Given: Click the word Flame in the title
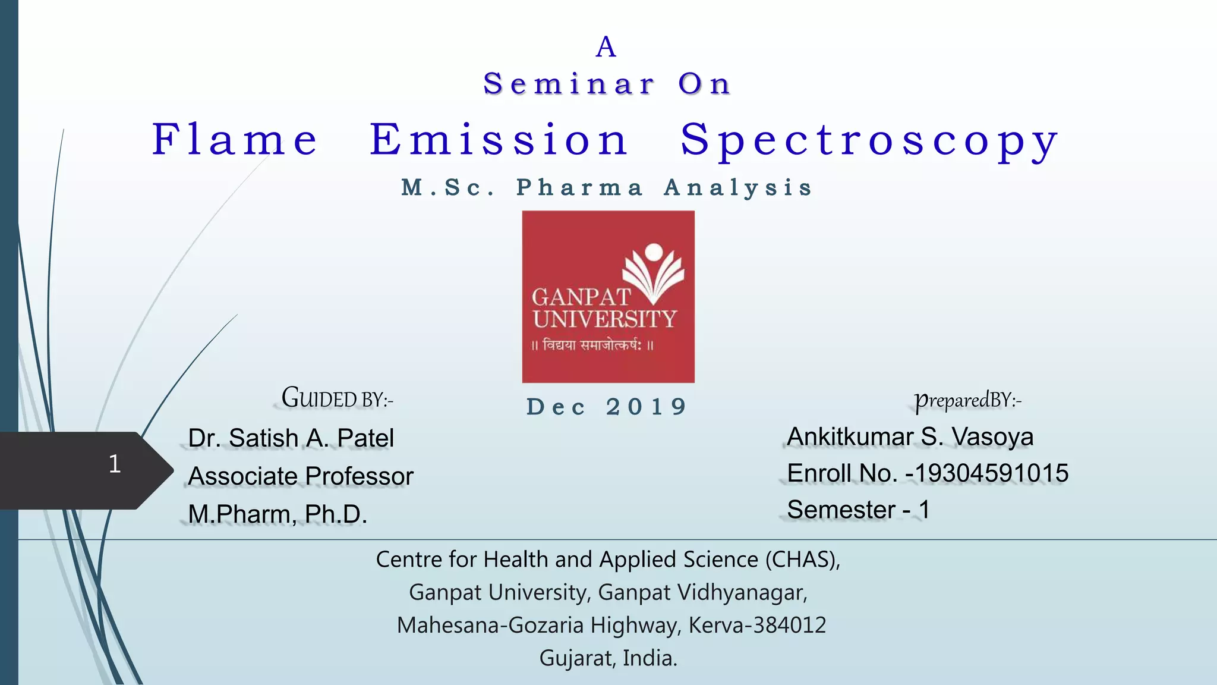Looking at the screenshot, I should pos(235,140).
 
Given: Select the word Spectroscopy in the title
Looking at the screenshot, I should pos(869,142).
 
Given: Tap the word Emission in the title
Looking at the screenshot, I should pos(499,140).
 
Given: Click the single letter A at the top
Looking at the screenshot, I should pos(606,48).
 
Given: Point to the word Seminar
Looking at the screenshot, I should pos(569,84).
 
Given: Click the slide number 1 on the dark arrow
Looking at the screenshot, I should pos(115,464).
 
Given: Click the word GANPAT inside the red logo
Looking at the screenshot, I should pos(581,297).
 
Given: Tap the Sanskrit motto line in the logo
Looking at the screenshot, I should pos(592,345).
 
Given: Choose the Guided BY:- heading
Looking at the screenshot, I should pos(337,398).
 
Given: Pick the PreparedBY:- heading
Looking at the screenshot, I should pos(967,400).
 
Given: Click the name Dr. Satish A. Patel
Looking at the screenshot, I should pos(291,438).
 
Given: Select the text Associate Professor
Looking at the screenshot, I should pos(301,476).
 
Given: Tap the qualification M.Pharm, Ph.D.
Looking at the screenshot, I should pos(278,514).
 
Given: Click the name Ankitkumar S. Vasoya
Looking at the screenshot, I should pos(910,437).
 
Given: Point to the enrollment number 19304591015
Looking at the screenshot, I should pos(992,473).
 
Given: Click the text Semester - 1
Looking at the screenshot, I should pos(858,510).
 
